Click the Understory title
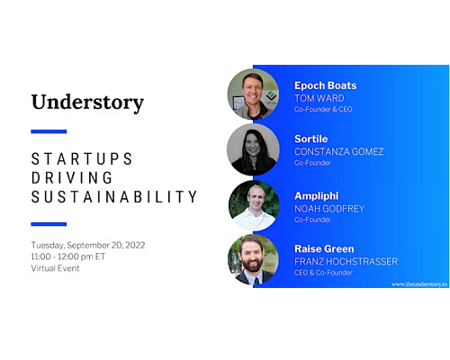87,103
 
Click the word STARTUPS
82,159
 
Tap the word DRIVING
72,178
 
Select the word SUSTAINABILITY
114,197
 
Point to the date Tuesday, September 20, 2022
88,246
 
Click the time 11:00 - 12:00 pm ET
68,256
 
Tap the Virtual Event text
55,268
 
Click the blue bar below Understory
49,131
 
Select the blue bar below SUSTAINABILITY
49,224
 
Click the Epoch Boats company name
326,85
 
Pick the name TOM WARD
319,98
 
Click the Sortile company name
311,139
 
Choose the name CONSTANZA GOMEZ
339,152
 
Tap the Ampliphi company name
317,196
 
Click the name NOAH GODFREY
329,209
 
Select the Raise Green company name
324,249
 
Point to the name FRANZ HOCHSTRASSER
346,262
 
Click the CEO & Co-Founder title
323,273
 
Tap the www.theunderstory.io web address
419,284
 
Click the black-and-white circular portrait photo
253,149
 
